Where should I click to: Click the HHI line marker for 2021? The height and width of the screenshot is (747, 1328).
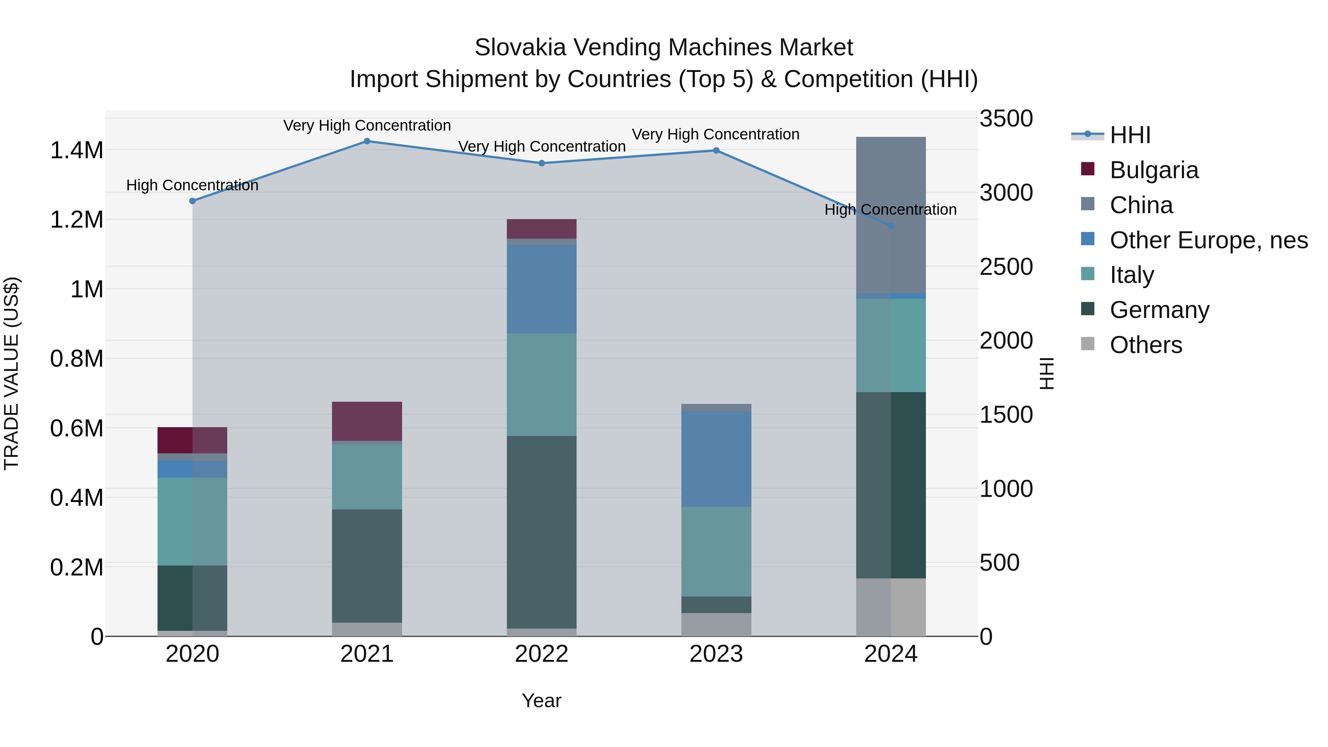coord(367,141)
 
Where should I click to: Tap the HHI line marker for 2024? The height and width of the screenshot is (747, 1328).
coord(890,226)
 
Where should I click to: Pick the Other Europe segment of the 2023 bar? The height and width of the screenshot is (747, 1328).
coord(716,459)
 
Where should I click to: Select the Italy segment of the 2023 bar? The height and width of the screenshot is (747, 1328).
coord(716,551)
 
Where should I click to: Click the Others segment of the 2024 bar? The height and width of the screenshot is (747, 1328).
coord(890,607)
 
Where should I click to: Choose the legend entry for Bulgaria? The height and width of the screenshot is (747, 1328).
coord(1154,170)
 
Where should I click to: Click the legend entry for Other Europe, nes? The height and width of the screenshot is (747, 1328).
coord(1208,240)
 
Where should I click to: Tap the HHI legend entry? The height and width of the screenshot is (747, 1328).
coord(1130,135)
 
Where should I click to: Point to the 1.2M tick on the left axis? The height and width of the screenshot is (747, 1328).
coord(76,219)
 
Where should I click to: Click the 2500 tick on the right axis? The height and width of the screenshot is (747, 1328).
coord(1006,267)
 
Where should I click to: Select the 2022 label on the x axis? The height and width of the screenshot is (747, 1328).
coord(541,654)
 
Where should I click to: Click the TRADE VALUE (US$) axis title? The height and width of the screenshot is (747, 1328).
coord(11,373)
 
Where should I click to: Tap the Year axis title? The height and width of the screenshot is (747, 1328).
coord(541,701)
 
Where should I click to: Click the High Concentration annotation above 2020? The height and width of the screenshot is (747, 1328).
coord(192,185)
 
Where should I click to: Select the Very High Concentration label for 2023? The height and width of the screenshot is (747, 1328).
coord(716,134)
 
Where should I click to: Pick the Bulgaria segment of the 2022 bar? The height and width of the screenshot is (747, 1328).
coord(541,228)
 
